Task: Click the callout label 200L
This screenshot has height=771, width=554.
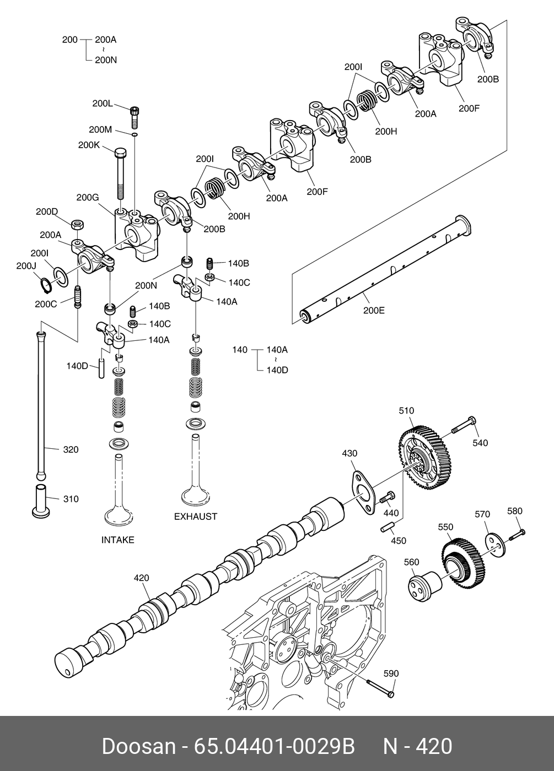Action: pyautogui.click(x=103, y=104)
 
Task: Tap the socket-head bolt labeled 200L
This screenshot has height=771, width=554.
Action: pyautogui.click(x=135, y=117)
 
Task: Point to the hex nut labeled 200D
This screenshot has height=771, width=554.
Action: pyautogui.click(x=78, y=225)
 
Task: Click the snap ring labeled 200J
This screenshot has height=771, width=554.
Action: pyautogui.click(x=45, y=285)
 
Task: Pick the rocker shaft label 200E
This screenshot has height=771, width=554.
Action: pyautogui.click(x=374, y=311)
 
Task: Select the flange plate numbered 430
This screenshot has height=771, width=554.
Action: pyautogui.click(x=363, y=493)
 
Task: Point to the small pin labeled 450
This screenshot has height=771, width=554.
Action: pyautogui.click(x=386, y=528)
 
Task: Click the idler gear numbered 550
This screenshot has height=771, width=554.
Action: pyautogui.click(x=463, y=564)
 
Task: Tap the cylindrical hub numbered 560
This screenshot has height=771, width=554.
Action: pyautogui.click(x=425, y=587)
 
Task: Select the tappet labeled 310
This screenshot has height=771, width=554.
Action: pyautogui.click(x=41, y=501)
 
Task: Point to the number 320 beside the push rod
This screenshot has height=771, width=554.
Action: pyautogui.click(x=71, y=449)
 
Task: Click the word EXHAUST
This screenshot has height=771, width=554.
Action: pyautogui.click(x=196, y=517)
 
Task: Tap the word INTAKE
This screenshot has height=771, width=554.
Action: pyautogui.click(x=118, y=540)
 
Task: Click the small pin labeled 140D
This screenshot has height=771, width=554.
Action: pyautogui.click(x=101, y=368)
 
